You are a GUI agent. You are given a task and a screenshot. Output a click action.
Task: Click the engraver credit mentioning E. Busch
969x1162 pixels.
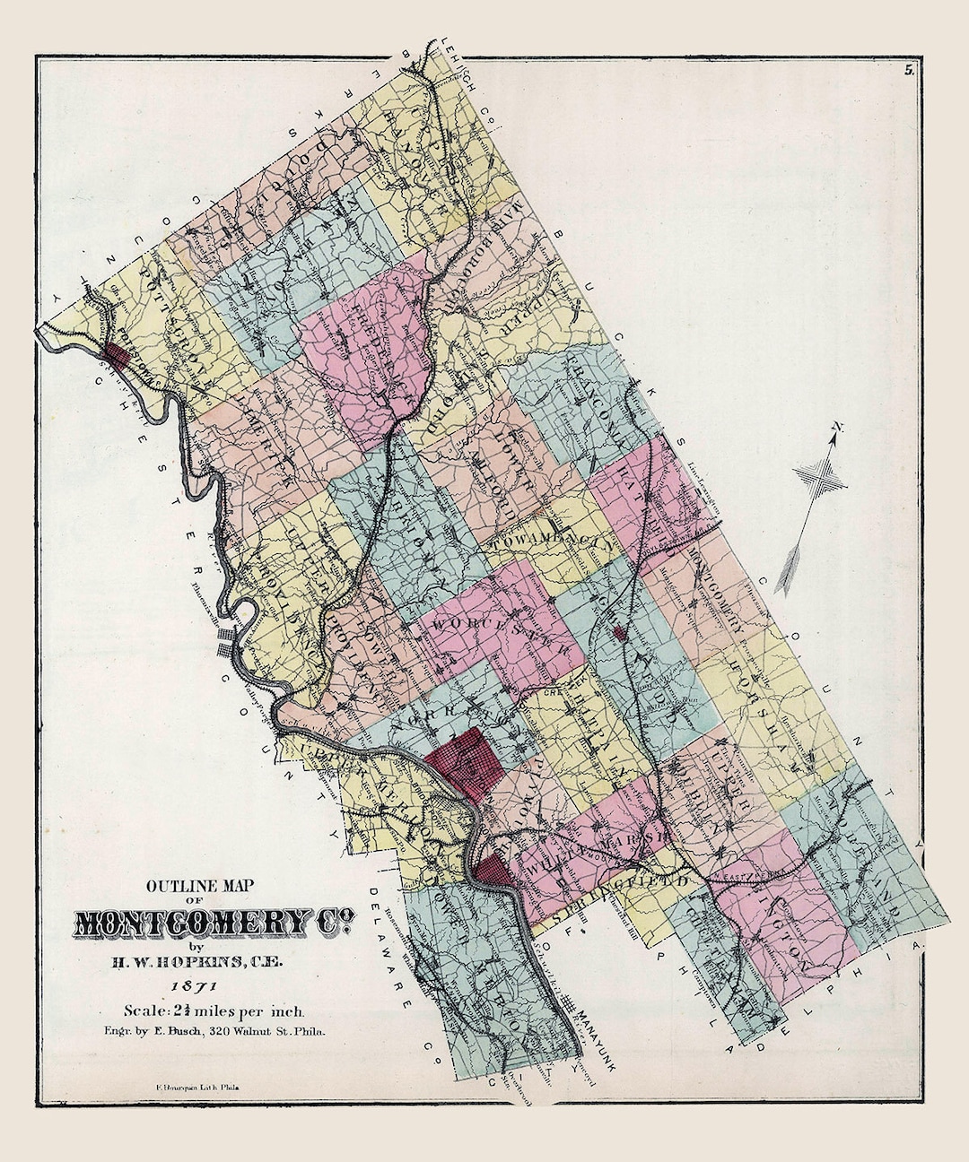tap(214, 1031)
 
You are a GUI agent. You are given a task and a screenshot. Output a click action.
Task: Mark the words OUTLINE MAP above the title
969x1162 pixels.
tap(201, 885)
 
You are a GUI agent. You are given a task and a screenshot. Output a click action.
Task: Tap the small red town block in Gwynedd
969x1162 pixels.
tap(618, 634)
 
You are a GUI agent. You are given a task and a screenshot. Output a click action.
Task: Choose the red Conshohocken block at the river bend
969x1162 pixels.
tap(491, 868)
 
